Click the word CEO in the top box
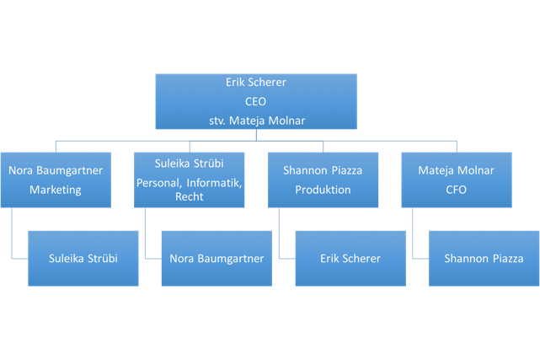pyautogui.click(x=255, y=101)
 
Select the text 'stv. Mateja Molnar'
pyautogui.click(x=255, y=120)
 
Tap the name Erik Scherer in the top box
pyautogui.click(x=255, y=83)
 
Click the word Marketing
pyautogui.click(x=55, y=189)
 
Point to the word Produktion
pyautogui.click(x=323, y=189)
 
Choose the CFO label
pyautogui.click(x=456, y=189)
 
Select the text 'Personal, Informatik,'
pyautogui.click(x=189, y=181)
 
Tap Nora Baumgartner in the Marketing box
pyautogui.click(x=55, y=169)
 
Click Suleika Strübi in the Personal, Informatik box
pyautogui.click(x=189, y=164)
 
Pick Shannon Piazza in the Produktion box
pyautogui.click(x=323, y=169)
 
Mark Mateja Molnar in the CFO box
pyautogui.click(x=456, y=169)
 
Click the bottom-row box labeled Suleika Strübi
pyautogui.click(x=83, y=258)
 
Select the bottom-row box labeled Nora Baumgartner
pyautogui.click(x=217, y=258)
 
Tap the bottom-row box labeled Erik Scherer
pyautogui.click(x=350, y=258)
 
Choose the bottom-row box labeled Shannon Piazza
pyautogui.click(x=484, y=258)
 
